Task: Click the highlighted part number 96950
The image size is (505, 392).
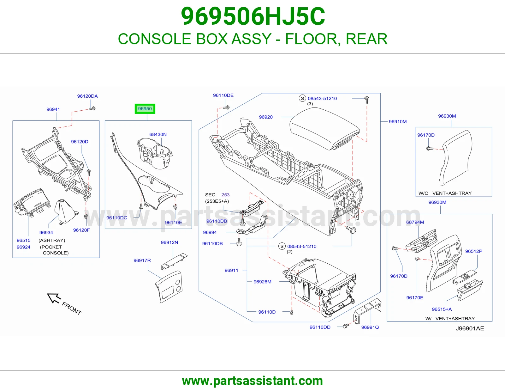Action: (145, 109)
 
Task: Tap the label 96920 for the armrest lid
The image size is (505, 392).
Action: (266, 117)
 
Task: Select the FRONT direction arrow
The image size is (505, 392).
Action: (54, 298)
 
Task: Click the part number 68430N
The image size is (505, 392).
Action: (158, 134)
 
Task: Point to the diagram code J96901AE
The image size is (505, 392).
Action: (470, 328)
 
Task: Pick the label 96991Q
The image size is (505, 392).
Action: (370, 327)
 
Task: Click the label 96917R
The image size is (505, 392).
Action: (142, 260)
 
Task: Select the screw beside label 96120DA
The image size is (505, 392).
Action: (92, 108)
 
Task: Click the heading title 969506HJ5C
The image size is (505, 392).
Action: (252, 16)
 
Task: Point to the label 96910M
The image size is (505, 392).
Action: (398, 121)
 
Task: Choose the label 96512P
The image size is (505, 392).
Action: (474, 251)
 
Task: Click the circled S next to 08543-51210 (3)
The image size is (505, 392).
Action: (302, 98)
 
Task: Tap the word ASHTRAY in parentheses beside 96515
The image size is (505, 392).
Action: (52, 240)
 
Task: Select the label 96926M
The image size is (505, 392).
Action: (262, 282)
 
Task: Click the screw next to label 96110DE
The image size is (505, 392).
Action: (226, 107)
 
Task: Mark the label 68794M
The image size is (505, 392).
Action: (415, 222)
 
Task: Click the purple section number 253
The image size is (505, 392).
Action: (225, 195)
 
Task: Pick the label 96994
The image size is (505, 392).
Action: (210, 232)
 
